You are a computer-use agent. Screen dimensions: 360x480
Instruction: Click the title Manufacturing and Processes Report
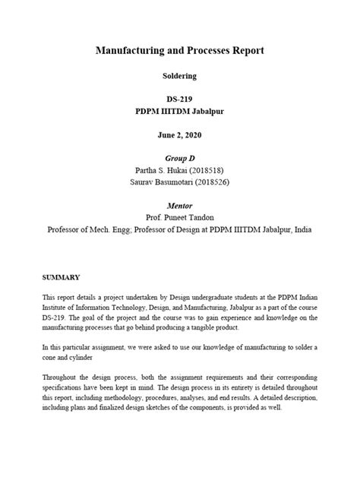(179, 50)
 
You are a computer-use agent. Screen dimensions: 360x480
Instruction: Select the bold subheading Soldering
(179, 76)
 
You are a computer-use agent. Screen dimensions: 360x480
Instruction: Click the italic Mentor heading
(179, 205)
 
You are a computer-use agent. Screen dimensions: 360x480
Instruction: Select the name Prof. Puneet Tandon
(179, 217)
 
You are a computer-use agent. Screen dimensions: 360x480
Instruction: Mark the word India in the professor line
(301, 229)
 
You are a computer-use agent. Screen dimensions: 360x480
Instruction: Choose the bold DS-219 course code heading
(179, 99)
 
